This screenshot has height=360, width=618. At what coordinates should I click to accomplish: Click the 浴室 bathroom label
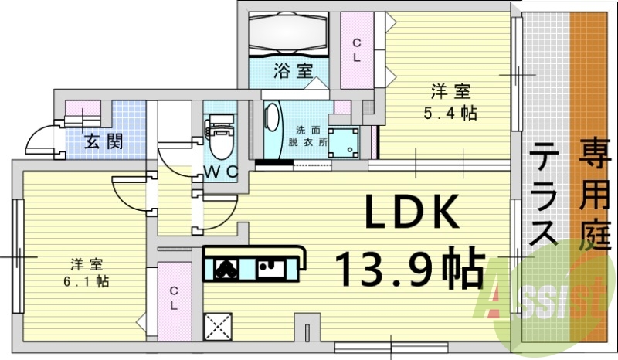point(293,71)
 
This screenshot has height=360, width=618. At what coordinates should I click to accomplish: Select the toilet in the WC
point(219,138)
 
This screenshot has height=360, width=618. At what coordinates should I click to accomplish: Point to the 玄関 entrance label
point(103,142)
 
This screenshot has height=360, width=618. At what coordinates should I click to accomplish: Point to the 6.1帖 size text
point(86,281)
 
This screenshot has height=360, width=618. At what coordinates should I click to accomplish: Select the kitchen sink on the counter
point(270,267)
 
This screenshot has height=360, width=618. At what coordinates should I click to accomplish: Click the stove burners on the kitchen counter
point(227,268)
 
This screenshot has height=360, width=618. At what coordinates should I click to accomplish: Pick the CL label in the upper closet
point(357,51)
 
